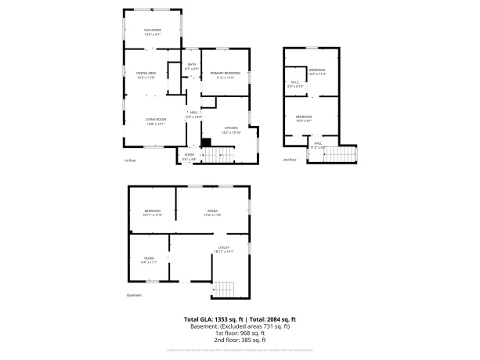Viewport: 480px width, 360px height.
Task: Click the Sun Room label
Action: (x=152, y=31)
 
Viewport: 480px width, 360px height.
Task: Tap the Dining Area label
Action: (x=146, y=75)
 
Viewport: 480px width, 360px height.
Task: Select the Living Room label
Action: (x=154, y=121)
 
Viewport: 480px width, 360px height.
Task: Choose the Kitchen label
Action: (x=231, y=129)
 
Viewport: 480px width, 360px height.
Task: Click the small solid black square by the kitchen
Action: (x=207, y=142)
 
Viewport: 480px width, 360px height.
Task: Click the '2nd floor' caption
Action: (x=291, y=160)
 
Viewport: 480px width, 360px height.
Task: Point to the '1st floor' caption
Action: (x=131, y=161)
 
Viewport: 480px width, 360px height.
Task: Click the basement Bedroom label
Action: (x=153, y=211)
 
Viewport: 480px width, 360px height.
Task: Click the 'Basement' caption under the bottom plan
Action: (x=135, y=295)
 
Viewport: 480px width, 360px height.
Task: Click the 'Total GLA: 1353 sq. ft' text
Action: (x=214, y=319)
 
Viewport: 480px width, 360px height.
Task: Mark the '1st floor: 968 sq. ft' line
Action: (x=240, y=333)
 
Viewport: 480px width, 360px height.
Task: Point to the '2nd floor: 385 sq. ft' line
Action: (x=240, y=340)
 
